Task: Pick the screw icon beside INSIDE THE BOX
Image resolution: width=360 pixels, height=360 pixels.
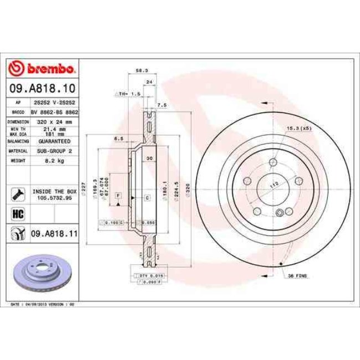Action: pyautogui.click(x=17, y=193)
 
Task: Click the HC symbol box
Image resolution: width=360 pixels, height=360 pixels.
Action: pyautogui.click(x=17, y=213)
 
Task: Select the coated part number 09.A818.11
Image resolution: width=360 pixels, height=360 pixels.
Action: pyautogui.click(x=54, y=234)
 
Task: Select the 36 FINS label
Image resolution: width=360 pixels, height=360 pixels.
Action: pyautogui.click(x=297, y=275)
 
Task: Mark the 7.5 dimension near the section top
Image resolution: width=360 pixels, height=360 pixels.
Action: pyautogui.click(x=162, y=104)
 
